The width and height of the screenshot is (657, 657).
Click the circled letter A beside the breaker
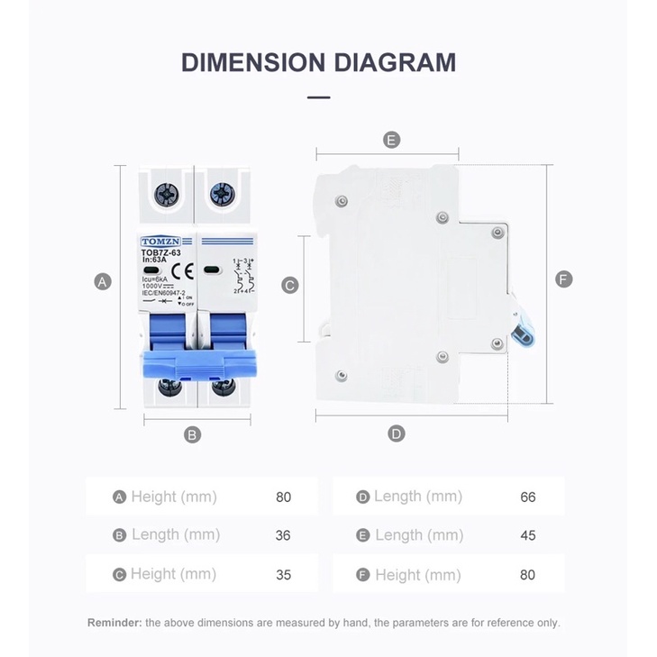[103, 282]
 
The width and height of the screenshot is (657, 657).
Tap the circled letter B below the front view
[192, 434]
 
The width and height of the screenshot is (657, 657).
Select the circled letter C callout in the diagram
[290, 286]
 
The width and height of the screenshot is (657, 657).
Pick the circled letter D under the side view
[397, 433]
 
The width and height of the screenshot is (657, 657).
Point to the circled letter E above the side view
[391, 140]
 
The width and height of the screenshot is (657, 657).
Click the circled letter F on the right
[564, 279]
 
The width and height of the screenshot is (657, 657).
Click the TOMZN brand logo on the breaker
[160, 242]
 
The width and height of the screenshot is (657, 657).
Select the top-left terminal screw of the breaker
[166, 193]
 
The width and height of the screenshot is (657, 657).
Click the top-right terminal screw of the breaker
[221, 193]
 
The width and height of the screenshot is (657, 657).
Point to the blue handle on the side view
[522, 334]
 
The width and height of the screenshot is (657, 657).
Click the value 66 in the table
[528, 497]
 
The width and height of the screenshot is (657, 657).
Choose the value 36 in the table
[283, 535]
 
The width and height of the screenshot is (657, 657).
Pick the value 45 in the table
[528, 535]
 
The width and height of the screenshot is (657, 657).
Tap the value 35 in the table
[283, 574]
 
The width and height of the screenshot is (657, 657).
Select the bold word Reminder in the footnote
[114, 623]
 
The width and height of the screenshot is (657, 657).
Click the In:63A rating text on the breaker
[154, 260]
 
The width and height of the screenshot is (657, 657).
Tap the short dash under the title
[318, 97]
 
